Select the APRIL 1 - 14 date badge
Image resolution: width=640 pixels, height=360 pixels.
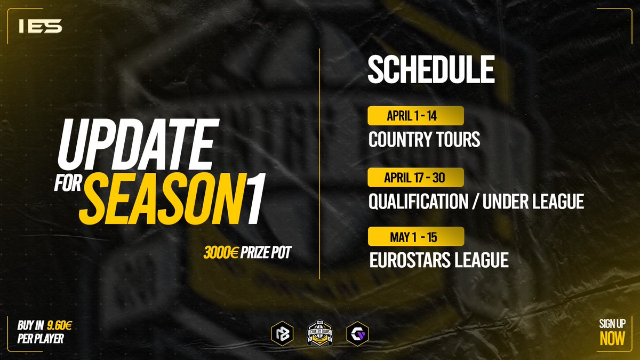(415, 116)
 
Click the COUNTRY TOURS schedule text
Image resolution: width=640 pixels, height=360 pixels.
(424, 140)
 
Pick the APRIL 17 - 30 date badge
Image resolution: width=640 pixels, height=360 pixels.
(415, 177)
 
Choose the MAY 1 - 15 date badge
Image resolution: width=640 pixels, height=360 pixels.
(415, 236)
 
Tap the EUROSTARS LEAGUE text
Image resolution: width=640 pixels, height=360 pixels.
(438, 261)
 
